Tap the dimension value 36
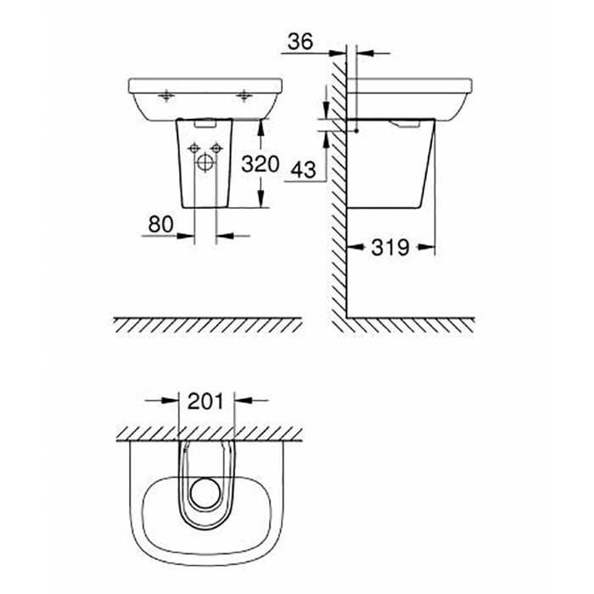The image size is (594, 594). pos(300,40)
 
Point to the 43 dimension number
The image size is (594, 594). pos(302,169)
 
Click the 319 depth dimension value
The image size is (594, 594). pos(391,248)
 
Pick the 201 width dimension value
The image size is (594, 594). pos(207,401)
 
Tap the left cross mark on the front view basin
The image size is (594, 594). pos(167,93)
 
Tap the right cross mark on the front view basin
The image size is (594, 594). pos(245,93)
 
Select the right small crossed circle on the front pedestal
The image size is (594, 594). pos(217,149)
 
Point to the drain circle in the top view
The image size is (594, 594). pos(207,491)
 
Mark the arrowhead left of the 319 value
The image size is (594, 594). pos(356,249)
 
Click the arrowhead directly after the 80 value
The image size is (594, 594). pos(191,235)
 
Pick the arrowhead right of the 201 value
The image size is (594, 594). pos(240,401)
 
